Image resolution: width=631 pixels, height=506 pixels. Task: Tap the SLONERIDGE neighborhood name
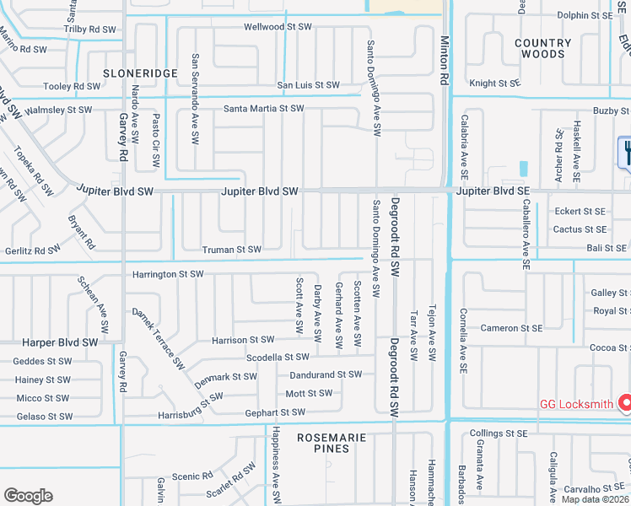140,73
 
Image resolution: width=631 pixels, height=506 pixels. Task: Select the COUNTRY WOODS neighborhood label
542,48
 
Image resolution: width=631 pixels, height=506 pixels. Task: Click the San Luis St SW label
308,85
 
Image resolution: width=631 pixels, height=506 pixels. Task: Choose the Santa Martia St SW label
263,109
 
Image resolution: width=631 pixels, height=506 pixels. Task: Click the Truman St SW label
231,250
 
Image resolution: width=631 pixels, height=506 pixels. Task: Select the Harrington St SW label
168,274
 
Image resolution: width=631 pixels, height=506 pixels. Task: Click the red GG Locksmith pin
625,403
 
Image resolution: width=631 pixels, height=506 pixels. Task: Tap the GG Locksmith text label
576,404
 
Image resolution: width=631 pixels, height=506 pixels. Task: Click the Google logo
28,496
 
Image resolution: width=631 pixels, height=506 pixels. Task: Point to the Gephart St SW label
273,412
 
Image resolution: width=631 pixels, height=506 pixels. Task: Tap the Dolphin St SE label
585,15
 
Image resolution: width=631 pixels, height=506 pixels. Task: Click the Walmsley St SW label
59,110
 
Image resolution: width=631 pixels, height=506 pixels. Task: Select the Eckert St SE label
580,212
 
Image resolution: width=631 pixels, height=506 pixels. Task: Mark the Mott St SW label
309,393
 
